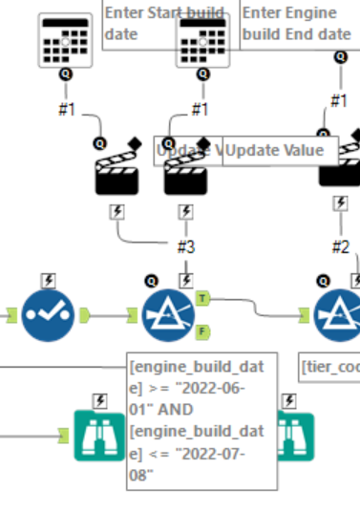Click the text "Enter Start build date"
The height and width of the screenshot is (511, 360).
coord(164,24)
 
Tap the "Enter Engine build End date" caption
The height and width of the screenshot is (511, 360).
coord(296,24)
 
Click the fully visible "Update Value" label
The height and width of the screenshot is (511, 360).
coord(280,151)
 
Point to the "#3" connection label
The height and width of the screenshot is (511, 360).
coord(186,246)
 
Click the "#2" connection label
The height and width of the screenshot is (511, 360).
coord(340,246)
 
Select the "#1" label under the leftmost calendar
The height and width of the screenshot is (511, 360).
coord(65,109)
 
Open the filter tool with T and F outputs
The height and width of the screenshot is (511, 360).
coord(169,316)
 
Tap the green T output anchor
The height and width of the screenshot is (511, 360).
coord(203,299)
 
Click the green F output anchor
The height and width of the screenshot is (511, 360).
coord(203,333)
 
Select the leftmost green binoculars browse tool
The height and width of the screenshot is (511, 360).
coord(99,435)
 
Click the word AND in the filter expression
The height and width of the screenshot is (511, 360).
coord(225,411)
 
